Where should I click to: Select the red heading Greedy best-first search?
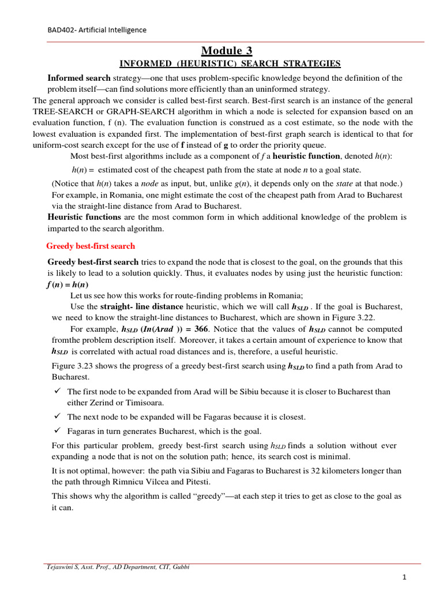[x=91, y=246]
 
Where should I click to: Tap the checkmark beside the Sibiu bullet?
[x=57, y=391]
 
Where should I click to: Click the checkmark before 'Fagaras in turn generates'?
[x=57, y=431]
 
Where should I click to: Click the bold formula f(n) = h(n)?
[x=67, y=285]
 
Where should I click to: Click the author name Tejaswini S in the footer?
[x=65, y=567]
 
